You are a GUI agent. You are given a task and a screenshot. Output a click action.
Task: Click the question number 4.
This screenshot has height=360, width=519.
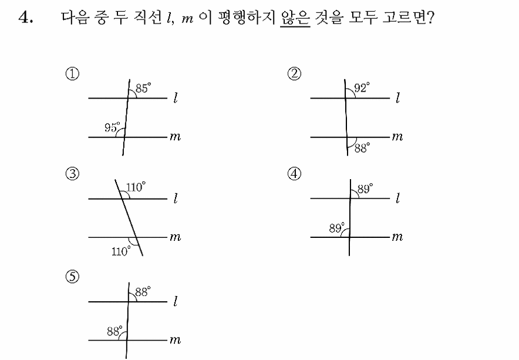(x=26, y=18)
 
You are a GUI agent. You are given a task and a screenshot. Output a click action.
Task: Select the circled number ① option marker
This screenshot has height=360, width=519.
(x=72, y=73)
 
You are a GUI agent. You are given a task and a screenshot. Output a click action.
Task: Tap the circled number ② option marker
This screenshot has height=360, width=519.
(x=295, y=73)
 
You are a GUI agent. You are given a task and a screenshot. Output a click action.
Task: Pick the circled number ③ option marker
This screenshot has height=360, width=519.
(x=72, y=174)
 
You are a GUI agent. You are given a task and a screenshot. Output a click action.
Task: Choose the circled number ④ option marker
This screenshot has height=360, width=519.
(x=295, y=174)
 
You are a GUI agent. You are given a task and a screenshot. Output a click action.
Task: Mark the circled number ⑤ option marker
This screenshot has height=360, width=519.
(x=72, y=277)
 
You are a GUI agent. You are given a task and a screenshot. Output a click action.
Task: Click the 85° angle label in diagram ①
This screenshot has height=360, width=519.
(x=143, y=88)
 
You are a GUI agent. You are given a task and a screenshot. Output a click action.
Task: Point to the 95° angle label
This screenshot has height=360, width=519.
(x=112, y=127)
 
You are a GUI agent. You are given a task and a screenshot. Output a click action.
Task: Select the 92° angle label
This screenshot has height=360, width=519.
(x=362, y=88)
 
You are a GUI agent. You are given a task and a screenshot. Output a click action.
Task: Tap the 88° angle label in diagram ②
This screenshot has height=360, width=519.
(x=362, y=148)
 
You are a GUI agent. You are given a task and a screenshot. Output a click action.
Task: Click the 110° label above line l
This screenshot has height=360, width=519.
(x=136, y=187)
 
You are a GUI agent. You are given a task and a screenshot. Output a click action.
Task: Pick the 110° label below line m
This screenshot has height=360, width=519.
(x=121, y=251)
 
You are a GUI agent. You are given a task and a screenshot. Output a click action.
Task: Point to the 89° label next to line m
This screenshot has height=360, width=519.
(x=337, y=228)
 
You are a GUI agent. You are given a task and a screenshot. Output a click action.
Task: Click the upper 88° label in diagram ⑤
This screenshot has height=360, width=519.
(x=143, y=292)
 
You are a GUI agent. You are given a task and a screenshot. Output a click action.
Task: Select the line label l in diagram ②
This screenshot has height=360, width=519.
(x=398, y=97)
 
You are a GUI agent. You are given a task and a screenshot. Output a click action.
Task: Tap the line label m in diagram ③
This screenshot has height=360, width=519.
(x=176, y=237)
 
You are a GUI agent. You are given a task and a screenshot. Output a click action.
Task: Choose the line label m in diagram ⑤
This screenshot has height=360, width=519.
(x=176, y=340)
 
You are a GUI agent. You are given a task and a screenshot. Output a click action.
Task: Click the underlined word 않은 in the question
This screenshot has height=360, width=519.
(x=295, y=18)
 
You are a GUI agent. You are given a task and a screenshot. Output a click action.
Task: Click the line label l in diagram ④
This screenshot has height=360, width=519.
(x=398, y=198)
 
